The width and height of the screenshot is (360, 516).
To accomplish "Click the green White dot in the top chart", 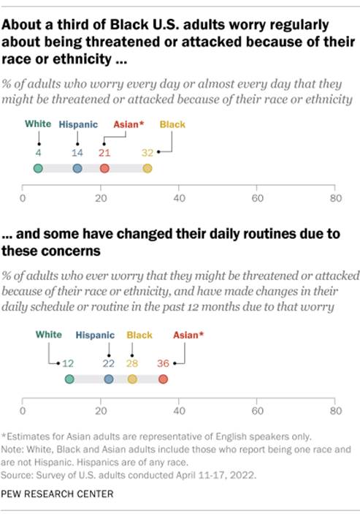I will pyautogui.click(x=38, y=169).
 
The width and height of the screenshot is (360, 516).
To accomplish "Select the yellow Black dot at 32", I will pyautogui.click(x=148, y=169).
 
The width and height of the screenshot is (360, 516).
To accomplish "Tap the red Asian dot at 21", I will pyautogui.click(x=104, y=169).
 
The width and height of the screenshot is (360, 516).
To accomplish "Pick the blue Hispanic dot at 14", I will pyautogui.click(x=77, y=169).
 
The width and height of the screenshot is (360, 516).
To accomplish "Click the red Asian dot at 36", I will pyautogui.click(x=163, y=379).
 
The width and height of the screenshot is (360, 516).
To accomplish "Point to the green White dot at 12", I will pyautogui.click(x=69, y=379).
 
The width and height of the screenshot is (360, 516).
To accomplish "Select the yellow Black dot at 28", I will pyautogui.click(x=132, y=379).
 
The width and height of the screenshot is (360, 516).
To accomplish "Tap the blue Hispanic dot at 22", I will pyautogui.click(x=109, y=379).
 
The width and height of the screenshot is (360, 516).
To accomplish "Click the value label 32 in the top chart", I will pyautogui.click(x=148, y=153).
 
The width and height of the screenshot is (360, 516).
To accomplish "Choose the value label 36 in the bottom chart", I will pyautogui.click(x=164, y=363).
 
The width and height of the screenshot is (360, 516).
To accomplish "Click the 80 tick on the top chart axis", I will pyautogui.click(x=334, y=198).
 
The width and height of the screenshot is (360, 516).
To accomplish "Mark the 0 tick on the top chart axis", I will pyautogui.click(x=23, y=198).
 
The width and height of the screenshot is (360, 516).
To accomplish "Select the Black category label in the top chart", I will pyautogui.click(x=172, y=125).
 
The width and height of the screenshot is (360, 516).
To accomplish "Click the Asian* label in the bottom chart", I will pyautogui.click(x=188, y=335).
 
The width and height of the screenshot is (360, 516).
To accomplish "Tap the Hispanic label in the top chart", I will pyautogui.click(x=77, y=125).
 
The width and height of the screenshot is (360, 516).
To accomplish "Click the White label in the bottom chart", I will pyautogui.click(x=48, y=335).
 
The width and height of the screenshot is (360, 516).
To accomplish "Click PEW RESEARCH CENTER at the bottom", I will pyautogui.click(x=58, y=494).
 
